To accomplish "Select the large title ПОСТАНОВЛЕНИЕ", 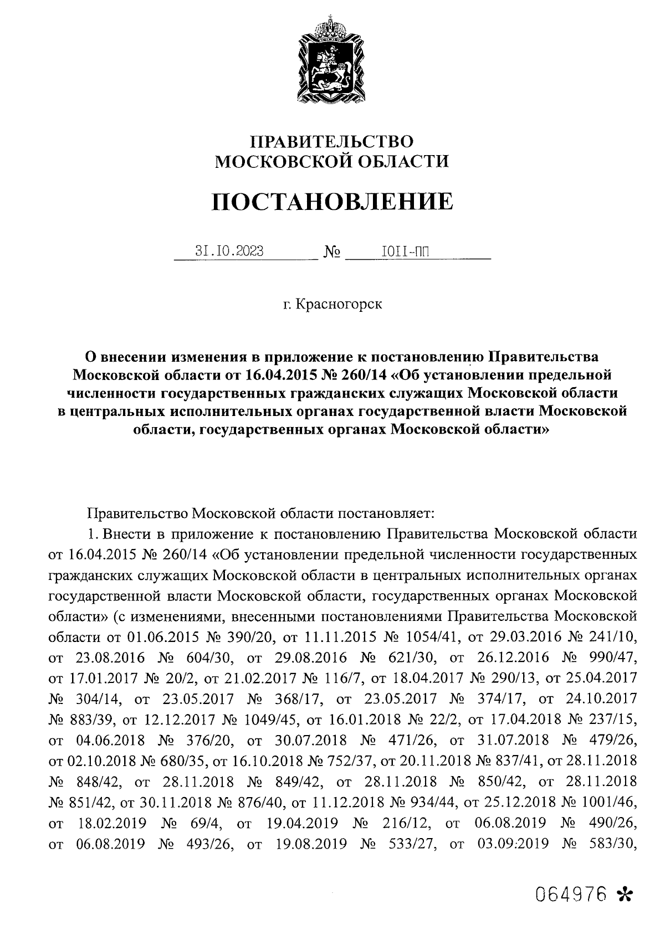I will click(x=332, y=202).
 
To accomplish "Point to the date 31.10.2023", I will click(x=229, y=251).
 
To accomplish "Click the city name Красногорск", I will click(x=339, y=304).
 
